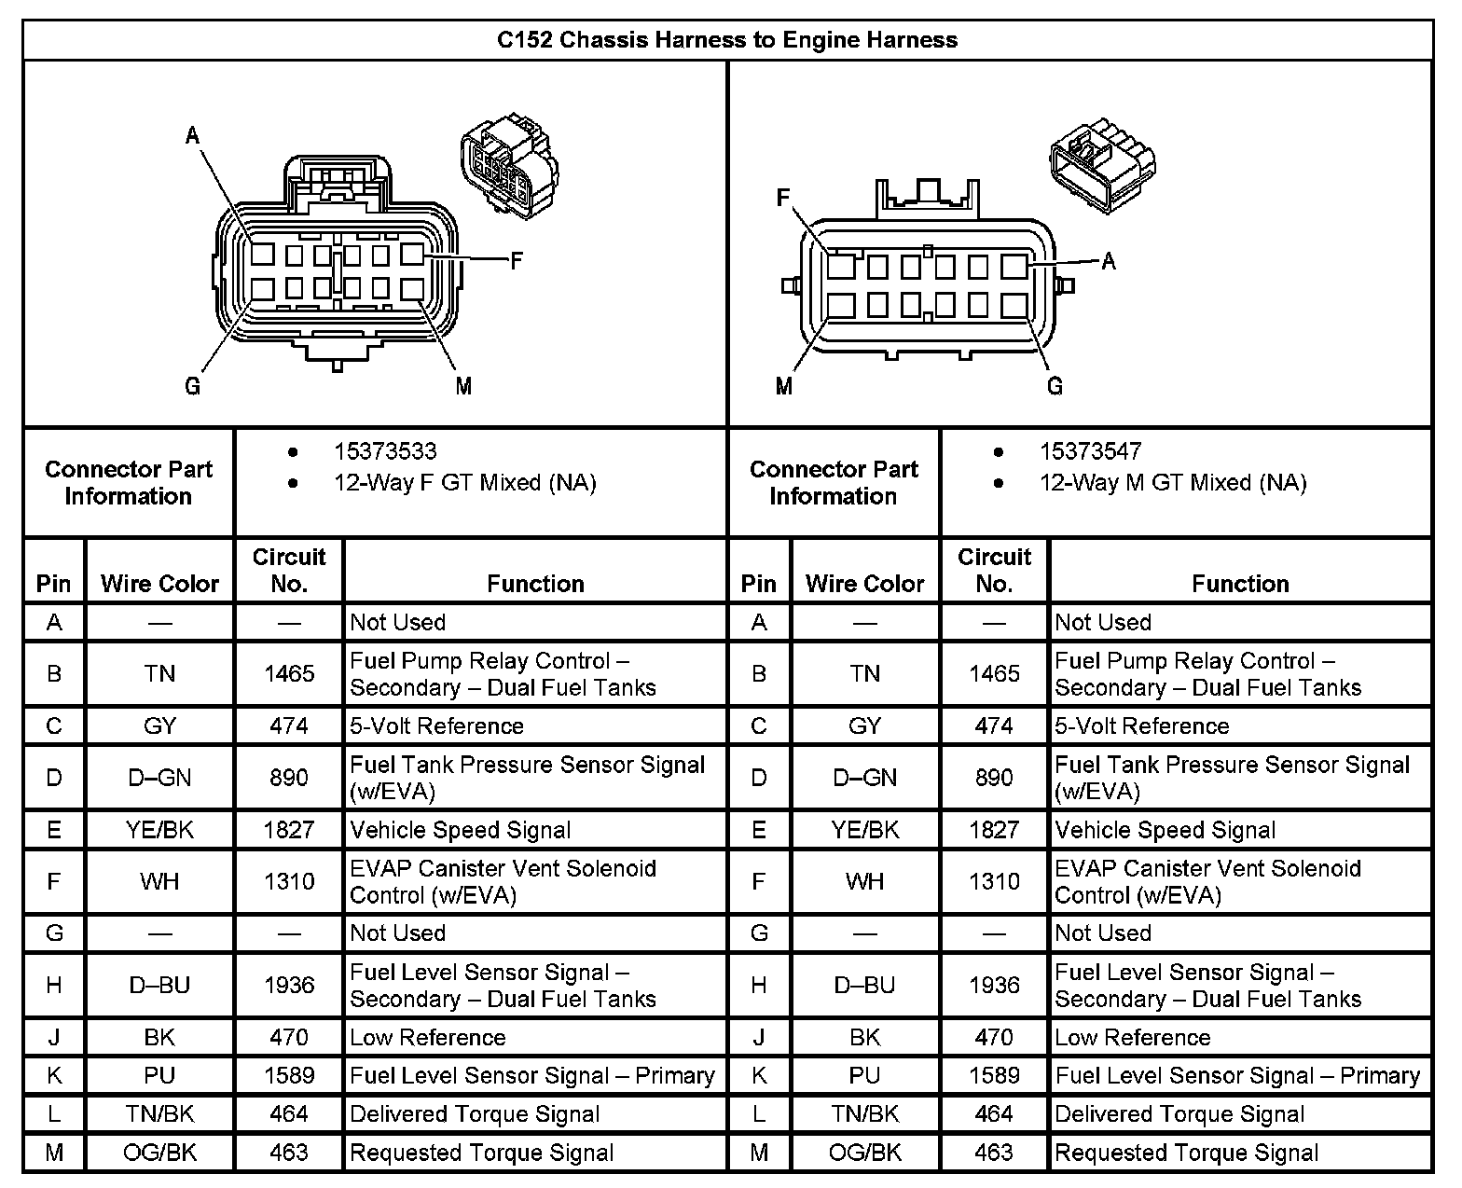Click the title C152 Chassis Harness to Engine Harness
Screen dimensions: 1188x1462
tap(727, 40)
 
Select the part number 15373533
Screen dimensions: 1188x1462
tap(385, 452)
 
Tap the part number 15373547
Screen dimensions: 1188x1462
tap(1090, 452)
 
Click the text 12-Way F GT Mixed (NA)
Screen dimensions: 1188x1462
tap(464, 483)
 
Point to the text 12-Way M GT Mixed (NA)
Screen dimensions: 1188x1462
tap(1173, 483)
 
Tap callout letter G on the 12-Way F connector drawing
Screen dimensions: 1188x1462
tap(193, 385)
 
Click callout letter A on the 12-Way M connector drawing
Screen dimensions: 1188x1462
tap(1109, 261)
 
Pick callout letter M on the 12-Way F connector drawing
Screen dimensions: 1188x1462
tap(463, 385)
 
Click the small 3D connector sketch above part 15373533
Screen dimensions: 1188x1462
tap(508, 166)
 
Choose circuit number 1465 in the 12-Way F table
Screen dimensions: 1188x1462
tap(289, 673)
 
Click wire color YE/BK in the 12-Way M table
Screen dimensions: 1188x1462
tap(865, 830)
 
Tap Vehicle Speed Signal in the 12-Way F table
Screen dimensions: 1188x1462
tap(461, 830)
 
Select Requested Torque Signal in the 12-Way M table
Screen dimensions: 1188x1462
tap(1187, 1153)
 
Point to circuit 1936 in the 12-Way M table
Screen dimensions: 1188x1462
tap(994, 985)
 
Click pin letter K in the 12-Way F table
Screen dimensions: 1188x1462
tap(54, 1076)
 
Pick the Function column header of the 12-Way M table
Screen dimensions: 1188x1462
tap(1240, 584)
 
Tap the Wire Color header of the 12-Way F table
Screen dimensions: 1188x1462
tap(159, 584)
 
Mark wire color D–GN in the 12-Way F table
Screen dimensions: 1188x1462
tap(159, 778)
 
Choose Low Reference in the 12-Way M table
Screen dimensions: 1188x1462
tap(1133, 1037)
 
